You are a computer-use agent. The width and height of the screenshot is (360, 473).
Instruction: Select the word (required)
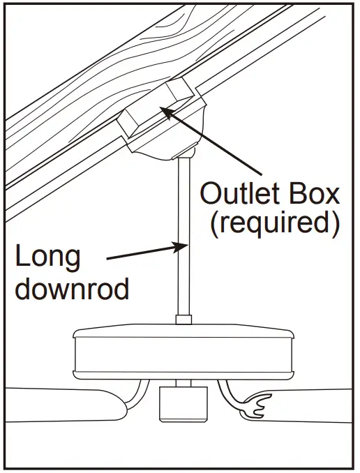pos(274,223)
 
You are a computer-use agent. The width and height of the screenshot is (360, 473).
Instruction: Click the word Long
pos(48,257)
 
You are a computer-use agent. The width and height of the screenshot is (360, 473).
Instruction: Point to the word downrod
pos(72,288)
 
